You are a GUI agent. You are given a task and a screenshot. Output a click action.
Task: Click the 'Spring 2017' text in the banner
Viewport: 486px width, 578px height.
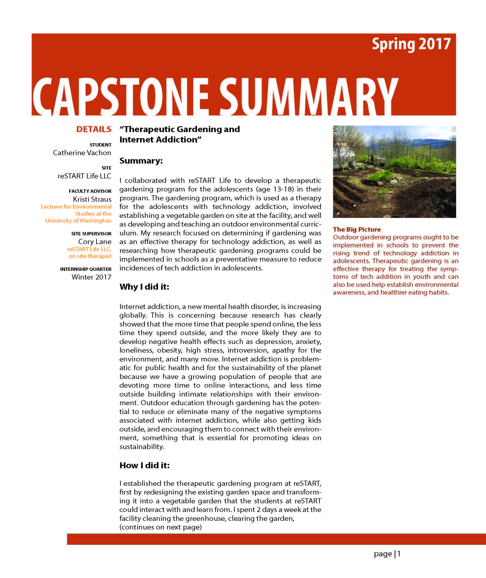pos(411,44)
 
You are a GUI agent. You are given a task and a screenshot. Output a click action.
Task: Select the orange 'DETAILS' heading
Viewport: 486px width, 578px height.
pos(94,129)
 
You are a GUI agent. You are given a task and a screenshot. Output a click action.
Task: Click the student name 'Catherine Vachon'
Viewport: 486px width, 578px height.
pos(82,153)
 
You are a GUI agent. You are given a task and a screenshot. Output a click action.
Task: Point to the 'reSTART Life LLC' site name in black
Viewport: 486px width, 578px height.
pos(84,176)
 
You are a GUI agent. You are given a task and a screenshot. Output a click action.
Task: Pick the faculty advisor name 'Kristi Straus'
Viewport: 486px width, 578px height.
pos(92,199)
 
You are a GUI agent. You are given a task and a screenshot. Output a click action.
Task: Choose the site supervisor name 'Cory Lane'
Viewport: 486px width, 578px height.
pos(95,242)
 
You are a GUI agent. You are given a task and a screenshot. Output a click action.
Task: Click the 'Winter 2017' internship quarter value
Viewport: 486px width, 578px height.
pos(91,277)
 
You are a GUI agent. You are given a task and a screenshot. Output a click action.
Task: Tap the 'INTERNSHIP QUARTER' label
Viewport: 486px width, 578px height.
pos(86,269)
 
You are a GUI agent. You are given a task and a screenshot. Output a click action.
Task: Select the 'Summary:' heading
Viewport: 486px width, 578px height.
pos(141,161)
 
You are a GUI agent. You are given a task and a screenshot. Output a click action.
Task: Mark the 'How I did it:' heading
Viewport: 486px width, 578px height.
pos(144,465)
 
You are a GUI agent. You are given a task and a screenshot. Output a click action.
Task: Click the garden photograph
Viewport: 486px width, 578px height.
pos(394,172)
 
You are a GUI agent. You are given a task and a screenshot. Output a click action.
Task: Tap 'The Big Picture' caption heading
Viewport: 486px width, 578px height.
pos(357,229)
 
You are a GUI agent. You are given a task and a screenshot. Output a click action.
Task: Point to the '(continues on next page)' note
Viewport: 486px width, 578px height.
pos(160,527)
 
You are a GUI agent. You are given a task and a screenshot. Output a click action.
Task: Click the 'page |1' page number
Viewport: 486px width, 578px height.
pos(387,554)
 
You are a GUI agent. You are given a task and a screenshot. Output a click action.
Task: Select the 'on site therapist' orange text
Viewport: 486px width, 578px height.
pos(90,256)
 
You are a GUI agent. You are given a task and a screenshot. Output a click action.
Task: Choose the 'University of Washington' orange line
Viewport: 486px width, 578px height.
pos(78,221)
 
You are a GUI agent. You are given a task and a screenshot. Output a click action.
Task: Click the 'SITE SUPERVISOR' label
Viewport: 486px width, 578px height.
pos(91,234)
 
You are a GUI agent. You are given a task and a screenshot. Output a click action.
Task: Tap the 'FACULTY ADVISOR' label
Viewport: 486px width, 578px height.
pos(90,191)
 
